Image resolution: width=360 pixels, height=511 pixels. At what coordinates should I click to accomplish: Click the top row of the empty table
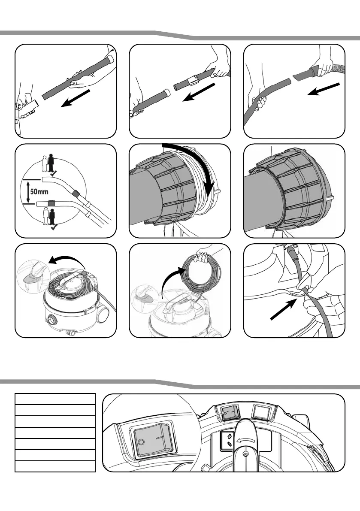coord(54,399)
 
